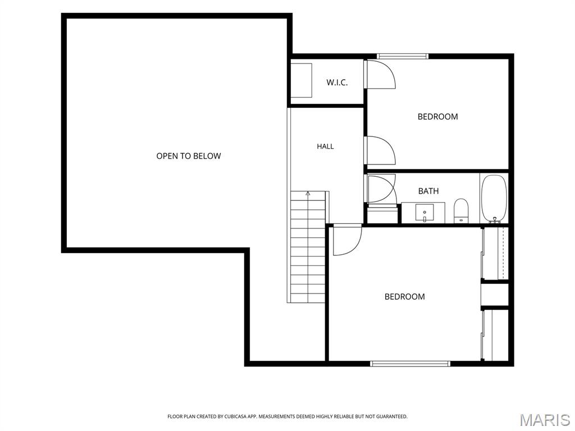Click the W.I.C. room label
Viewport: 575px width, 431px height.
337,82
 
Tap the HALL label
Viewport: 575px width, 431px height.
325,146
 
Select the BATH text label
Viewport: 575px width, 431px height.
428,191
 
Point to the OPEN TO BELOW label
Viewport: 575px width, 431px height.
189,156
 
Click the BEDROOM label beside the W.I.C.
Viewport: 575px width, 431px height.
438,117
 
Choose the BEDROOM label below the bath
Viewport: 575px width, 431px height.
404,296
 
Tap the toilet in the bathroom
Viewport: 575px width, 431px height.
461,211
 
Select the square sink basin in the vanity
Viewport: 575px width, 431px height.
425,213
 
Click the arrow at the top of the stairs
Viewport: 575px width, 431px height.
308,194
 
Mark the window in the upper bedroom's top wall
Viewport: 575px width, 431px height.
402,56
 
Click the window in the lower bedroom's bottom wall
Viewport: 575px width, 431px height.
409,364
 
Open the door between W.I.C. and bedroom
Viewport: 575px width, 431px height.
380,74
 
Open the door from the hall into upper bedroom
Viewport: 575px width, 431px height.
380,150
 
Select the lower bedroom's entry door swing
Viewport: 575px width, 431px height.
347,240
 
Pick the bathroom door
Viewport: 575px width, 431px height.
381,189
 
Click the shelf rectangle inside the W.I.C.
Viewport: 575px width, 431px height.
301,81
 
